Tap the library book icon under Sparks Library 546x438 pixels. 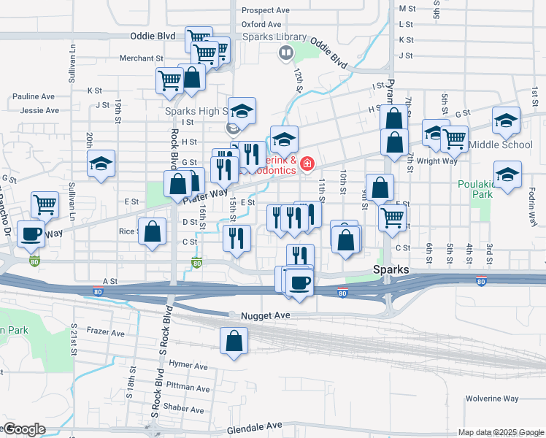(286, 53)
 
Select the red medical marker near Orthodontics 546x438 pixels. (307, 164)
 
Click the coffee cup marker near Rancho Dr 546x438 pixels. (31, 234)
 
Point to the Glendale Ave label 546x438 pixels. (254, 426)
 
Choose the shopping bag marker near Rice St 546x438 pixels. (152, 232)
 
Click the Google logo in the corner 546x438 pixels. (23, 429)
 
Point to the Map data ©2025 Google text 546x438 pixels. (501, 432)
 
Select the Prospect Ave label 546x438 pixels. (266, 10)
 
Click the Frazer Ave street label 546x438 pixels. (107, 332)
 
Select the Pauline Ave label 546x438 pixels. (34, 96)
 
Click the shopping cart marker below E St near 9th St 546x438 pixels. (393, 216)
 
